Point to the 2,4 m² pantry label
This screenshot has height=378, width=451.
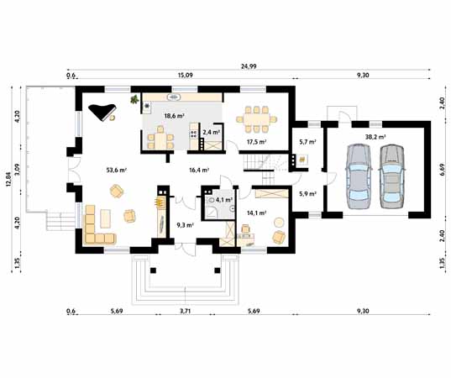[212, 132]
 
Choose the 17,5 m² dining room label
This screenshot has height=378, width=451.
[256, 143]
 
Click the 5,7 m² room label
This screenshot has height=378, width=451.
[307, 142]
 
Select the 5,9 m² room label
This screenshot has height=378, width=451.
[307, 194]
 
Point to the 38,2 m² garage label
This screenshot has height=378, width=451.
[375, 136]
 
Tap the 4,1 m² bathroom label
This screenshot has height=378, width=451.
[223, 200]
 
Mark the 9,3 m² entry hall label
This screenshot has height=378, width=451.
[186, 225]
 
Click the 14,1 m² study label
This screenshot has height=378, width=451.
[256, 213]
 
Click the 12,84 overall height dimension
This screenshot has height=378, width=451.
[8, 181]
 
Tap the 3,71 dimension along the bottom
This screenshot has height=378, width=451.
[185, 312]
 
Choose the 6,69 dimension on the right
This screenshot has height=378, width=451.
[442, 171]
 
